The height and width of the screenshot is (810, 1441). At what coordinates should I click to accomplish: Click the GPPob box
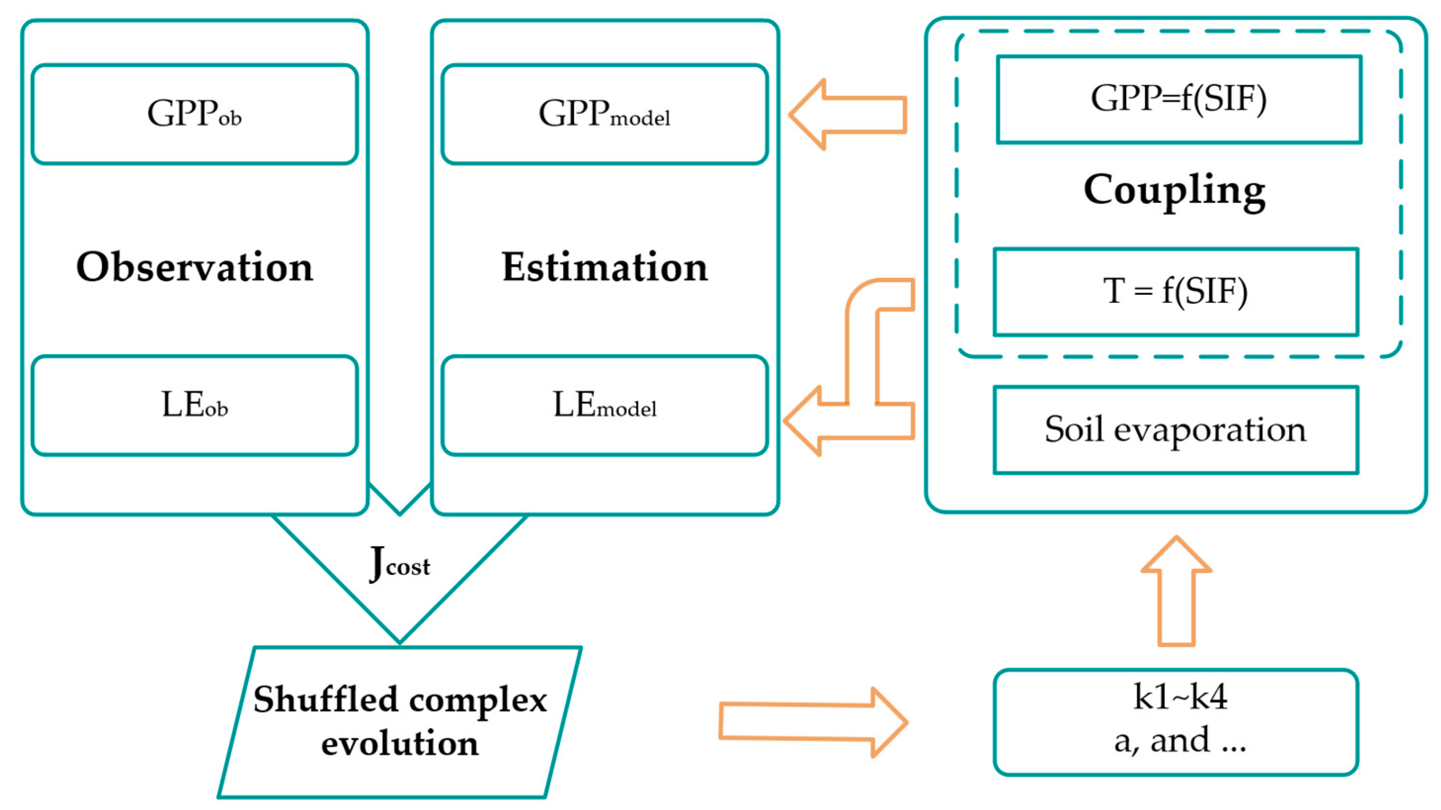pos(194,114)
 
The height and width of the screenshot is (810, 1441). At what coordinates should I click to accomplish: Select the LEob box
pos(194,405)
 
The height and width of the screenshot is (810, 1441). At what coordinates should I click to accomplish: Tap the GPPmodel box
pos(604,114)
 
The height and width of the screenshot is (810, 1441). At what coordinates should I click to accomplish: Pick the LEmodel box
pos(604,405)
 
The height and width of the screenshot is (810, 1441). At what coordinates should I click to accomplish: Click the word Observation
pos(194,267)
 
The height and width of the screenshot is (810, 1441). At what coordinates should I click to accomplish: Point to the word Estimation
pos(604,267)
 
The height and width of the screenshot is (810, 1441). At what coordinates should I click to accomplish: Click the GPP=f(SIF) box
pos(1179,99)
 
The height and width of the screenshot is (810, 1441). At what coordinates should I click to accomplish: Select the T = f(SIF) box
pos(1175,291)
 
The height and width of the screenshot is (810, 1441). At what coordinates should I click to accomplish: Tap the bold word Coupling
pos(1174,190)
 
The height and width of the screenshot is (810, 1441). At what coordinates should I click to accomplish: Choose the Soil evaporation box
pos(1175,430)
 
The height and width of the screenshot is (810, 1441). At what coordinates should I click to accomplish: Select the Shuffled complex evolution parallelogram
pos(400,722)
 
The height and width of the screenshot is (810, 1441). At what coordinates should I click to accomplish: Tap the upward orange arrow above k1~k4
pos(1176,593)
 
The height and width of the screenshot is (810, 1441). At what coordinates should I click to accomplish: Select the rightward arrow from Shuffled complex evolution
pos(811,722)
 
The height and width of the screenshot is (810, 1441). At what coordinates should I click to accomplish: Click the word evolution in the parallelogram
pos(400,744)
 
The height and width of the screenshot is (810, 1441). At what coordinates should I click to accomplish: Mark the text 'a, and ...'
pos(1180,741)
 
